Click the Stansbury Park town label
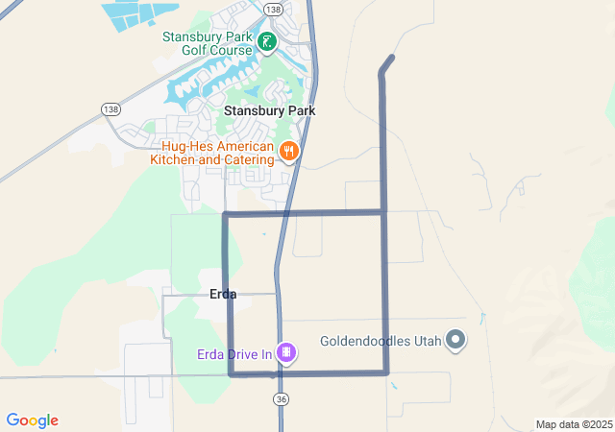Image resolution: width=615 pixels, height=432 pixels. point(269,110)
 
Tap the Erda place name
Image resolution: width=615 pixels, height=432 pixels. point(223,294)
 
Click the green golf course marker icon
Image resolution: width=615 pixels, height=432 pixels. point(266,40)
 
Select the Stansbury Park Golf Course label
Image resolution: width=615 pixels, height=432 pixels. point(206,44)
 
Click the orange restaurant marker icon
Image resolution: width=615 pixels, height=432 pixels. point(288,152)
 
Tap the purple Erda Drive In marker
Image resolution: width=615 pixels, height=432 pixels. point(285,353)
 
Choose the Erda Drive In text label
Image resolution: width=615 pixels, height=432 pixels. point(234,354)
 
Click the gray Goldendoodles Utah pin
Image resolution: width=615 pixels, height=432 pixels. point(455,341)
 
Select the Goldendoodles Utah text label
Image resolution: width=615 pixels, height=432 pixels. point(381,341)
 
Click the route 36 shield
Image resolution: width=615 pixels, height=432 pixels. point(281,398)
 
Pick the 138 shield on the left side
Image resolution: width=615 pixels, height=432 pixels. point(111,110)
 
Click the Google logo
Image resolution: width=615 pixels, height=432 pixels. point(32,420)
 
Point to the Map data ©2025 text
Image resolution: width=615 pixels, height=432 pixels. point(574,424)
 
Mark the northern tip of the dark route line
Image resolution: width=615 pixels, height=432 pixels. point(392,58)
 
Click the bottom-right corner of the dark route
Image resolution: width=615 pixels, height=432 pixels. point(385,372)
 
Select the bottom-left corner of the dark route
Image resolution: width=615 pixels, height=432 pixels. point(231,373)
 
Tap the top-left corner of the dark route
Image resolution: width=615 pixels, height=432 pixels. point(225,214)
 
